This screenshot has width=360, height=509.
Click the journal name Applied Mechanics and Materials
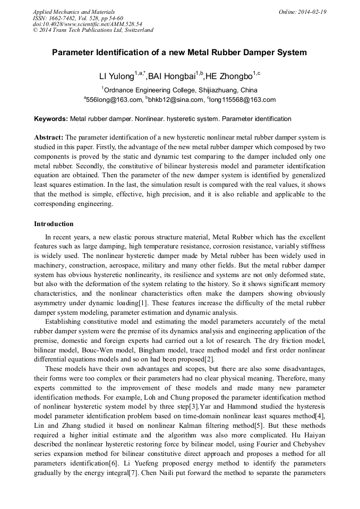pos(74,11)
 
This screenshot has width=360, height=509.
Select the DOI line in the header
pos(87,24)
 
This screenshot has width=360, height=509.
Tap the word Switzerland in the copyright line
pos(138,30)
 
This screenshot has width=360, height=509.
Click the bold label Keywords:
pos(51,119)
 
